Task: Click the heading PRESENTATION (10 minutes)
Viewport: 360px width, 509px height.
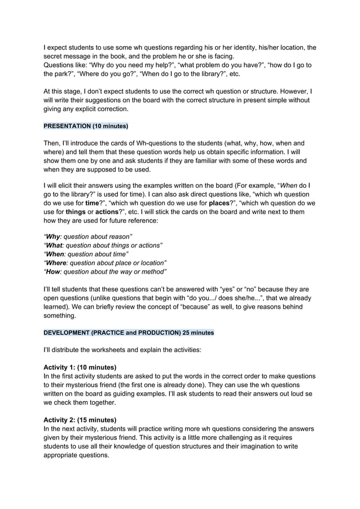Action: click(x=86, y=125)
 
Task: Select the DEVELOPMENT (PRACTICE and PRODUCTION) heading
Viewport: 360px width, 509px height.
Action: click(x=129, y=332)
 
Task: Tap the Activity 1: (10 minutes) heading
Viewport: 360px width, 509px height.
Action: click(x=80, y=367)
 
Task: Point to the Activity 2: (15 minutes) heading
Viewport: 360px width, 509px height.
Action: click(x=80, y=420)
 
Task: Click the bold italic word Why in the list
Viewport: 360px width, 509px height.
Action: click(x=54, y=236)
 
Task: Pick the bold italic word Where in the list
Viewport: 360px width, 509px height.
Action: click(x=58, y=263)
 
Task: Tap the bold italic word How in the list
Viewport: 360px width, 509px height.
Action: click(x=54, y=272)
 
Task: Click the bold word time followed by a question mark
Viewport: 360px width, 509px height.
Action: click(x=91, y=202)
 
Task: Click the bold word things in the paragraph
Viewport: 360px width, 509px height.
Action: click(x=65, y=211)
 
